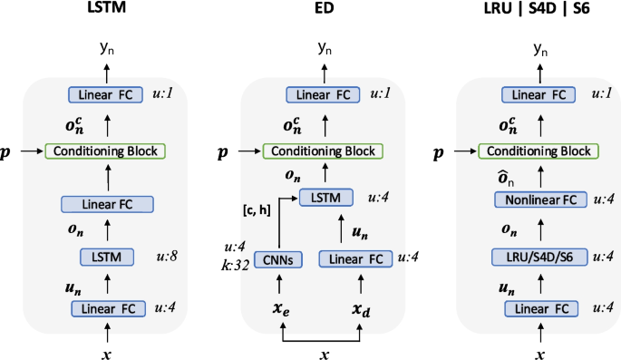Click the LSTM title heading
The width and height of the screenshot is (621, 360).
coord(105,10)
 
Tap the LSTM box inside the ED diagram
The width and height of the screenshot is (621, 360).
coord(325,196)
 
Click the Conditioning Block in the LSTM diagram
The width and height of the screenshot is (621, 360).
coord(104,151)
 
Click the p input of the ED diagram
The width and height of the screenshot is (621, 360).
coord(224,151)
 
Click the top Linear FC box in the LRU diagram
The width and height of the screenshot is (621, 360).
coord(537,94)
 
